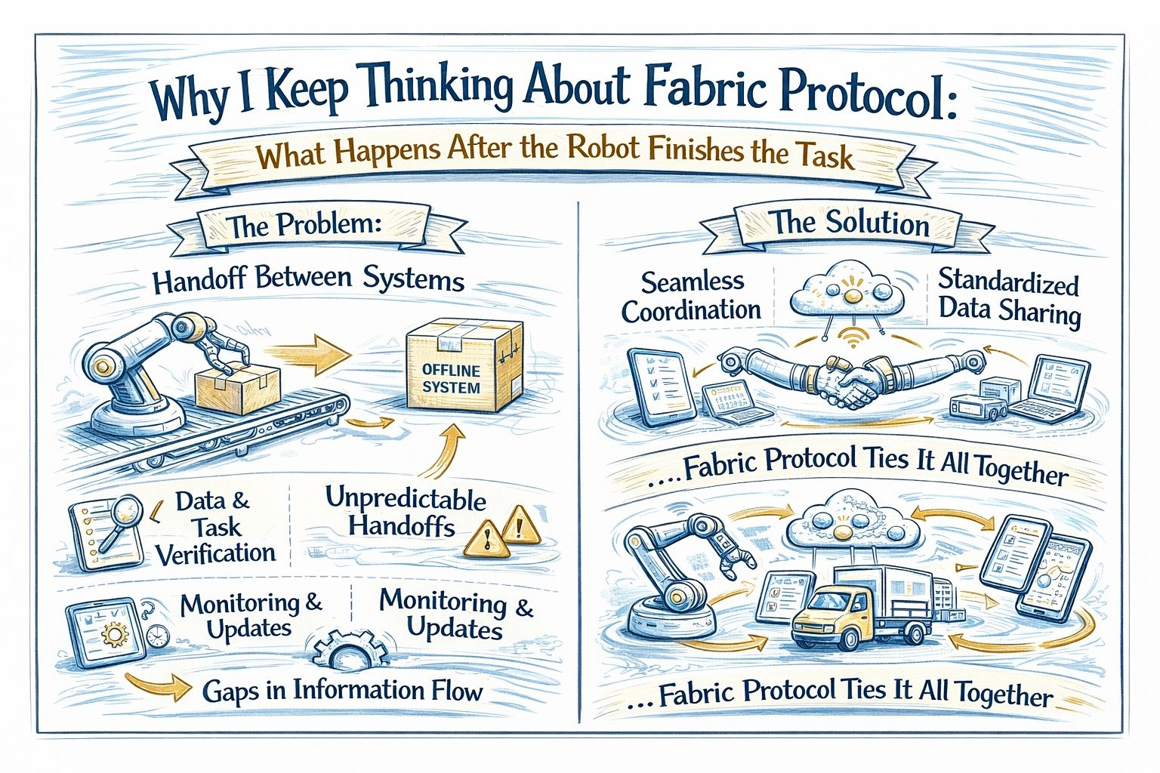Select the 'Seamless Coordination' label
(691, 295)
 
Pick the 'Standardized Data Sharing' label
(1009, 297)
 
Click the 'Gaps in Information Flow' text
(342, 690)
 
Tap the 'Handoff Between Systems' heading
(308, 279)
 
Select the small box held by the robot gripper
(237, 386)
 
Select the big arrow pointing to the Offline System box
(310, 353)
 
